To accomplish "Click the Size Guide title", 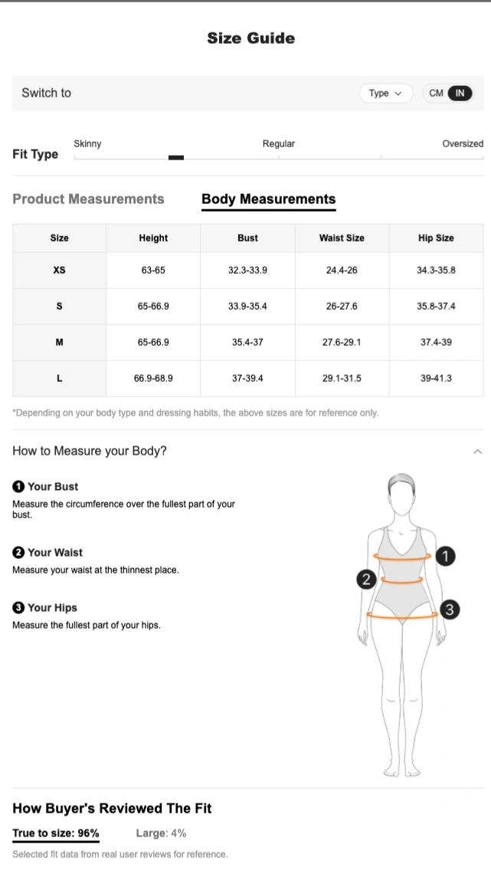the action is pyautogui.click(x=251, y=38).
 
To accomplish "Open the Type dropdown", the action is pyautogui.click(x=386, y=93).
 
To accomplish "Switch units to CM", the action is pyautogui.click(x=437, y=93).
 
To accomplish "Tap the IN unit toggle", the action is pyautogui.click(x=460, y=93).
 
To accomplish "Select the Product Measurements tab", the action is pyautogui.click(x=88, y=199).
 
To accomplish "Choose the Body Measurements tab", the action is pyautogui.click(x=268, y=199).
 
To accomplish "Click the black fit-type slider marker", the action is pyautogui.click(x=176, y=158).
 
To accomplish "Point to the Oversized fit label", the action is pyautogui.click(x=463, y=144).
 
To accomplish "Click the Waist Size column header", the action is pyautogui.click(x=342, y=238).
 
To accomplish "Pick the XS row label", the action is pyautogui.click(x=59, y=271).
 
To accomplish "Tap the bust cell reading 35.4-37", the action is pyautogui.click(x=247, y=342).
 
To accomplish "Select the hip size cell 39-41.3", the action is pyautogui.click(x=436, y=379).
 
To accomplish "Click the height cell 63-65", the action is pyautogui.click(x=153, y=271).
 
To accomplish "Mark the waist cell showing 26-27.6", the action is pyautogui.click(x=342, y=307).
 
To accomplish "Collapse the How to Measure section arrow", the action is pyautogui.click(x=477, y=452).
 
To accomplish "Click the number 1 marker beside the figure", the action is pyautogui.click(x=445, y=556).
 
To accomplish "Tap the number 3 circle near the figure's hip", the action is pyautogui.click(x=450, y=609).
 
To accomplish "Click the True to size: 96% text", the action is pyautogui.click(x=56, y=833).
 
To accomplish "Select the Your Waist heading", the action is pyautogui.click(x=47, y=552).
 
